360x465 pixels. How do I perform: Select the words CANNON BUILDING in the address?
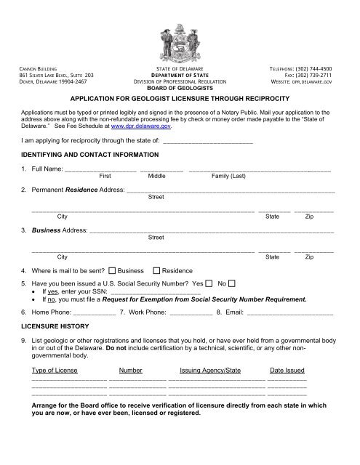[41, 67]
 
